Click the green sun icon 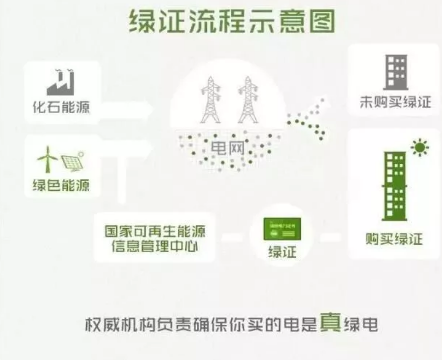point(420,149)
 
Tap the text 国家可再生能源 point(153,229)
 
